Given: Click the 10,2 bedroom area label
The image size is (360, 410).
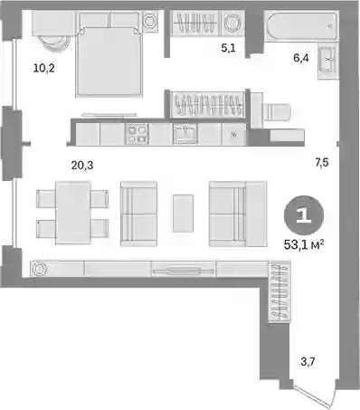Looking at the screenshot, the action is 44,69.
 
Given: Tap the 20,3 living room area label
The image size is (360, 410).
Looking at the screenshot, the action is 82,166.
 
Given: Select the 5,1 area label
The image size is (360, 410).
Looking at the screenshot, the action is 228,48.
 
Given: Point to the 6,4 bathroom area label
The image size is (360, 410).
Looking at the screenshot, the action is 301,58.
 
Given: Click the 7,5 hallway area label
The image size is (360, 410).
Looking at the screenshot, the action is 322,163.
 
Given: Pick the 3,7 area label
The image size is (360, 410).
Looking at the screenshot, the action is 308,361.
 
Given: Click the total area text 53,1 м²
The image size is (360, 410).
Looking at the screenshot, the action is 304,244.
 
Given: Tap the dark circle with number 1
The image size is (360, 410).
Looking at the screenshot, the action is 304,215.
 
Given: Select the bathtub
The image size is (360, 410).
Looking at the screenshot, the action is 301,26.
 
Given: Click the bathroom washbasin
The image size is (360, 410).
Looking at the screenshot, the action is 327,62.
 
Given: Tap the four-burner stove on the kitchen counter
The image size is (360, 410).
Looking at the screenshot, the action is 137,134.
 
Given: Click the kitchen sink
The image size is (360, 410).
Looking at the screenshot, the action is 185,134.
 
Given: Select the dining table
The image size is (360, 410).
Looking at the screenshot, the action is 73,213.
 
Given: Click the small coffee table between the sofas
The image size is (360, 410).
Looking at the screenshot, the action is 183,214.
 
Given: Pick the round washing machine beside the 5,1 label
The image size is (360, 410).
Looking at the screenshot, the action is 232,23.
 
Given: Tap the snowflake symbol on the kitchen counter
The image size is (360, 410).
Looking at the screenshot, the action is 233,135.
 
